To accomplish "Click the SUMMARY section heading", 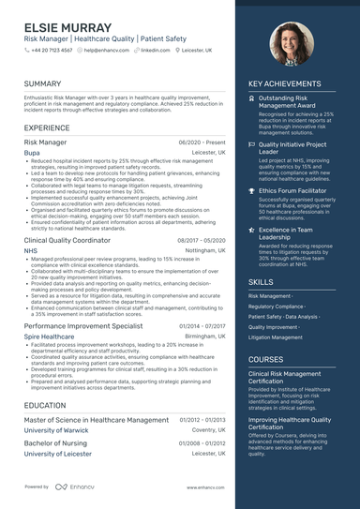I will (x=43, y=83).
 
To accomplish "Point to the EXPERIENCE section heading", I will (x=47, y=127).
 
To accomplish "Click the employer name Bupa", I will (x=32, y=152).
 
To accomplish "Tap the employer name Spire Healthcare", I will (x=49, y=336).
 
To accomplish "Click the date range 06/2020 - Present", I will (x=202, y=142).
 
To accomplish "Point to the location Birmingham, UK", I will (x=205, y=336).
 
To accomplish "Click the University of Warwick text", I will (x=56, y=430).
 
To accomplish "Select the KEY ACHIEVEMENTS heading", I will (x=284, y=83).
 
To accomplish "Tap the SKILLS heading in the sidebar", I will (x=262, y=281).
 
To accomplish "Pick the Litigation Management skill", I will (x=276, y=337).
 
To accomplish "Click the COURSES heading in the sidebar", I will (x=266, y=359).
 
